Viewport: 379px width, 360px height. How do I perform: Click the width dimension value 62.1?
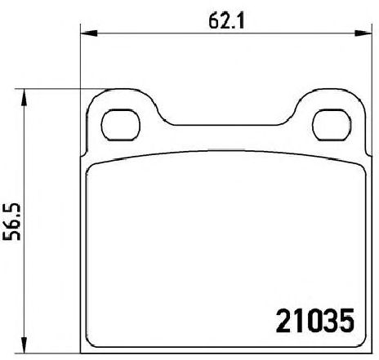(x=226, y=20)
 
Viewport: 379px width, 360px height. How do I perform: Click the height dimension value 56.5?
(x=12, y=221)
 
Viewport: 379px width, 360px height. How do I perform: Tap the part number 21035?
(x=315, y=321)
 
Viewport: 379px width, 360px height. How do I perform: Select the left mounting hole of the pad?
(x=120, y=125)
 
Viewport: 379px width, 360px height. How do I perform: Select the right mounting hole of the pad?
(x=332, y=125)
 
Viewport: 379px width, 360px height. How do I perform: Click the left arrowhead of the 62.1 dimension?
(x=89, y=33)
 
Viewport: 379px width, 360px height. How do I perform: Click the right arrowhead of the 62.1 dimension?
(x=363, y=33)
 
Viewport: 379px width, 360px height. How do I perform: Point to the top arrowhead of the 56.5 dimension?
(x=25, y=97)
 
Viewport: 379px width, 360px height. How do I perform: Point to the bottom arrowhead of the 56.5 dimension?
(x=25, y=345)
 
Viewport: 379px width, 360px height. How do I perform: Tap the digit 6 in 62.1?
(x=214, y=21)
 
